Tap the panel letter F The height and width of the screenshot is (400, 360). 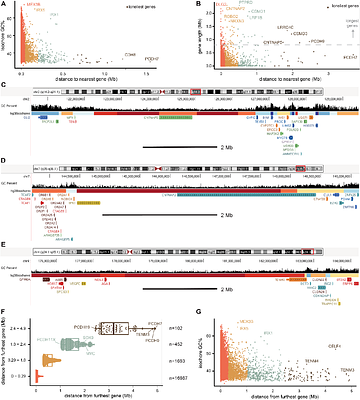[4, 286]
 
